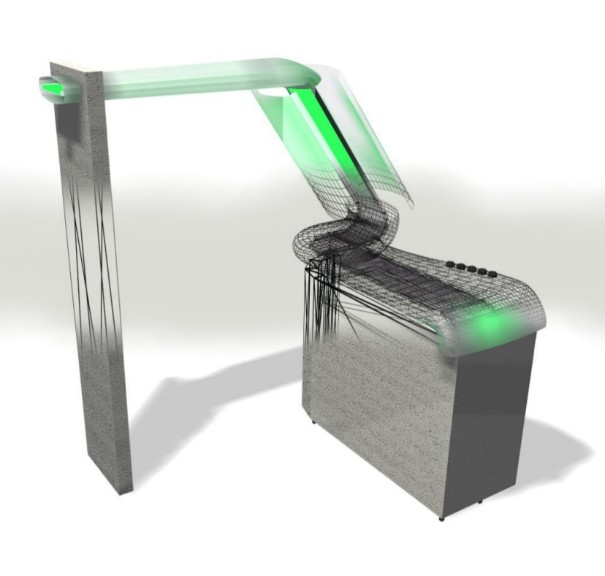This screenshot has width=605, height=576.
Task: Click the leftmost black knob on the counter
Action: (450, 264)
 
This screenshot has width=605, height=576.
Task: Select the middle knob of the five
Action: (470, 269)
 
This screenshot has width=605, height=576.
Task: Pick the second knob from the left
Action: (460, 266)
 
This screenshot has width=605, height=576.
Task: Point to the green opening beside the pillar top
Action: (51, 88)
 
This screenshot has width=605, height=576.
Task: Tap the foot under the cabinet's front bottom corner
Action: (441, 518)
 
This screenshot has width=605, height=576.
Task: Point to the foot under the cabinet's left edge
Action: (315, 422)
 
